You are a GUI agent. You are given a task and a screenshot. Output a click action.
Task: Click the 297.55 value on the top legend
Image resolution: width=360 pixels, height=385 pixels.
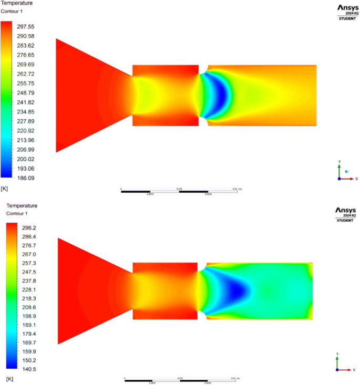point(26,26)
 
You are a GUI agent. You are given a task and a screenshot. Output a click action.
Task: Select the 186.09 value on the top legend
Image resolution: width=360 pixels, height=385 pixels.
point(26,178)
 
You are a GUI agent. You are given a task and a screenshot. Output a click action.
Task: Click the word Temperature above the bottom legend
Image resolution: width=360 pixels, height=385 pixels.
point(20,206)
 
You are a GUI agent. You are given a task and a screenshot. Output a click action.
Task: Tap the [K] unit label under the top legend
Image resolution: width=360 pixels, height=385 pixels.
point(5,188)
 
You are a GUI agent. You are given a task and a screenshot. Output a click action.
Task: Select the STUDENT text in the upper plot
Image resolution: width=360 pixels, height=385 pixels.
point(345,19)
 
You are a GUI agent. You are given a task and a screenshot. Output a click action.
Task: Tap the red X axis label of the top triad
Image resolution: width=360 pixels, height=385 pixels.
point(356,179)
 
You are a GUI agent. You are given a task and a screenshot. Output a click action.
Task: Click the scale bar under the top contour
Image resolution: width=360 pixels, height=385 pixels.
point(179,191)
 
